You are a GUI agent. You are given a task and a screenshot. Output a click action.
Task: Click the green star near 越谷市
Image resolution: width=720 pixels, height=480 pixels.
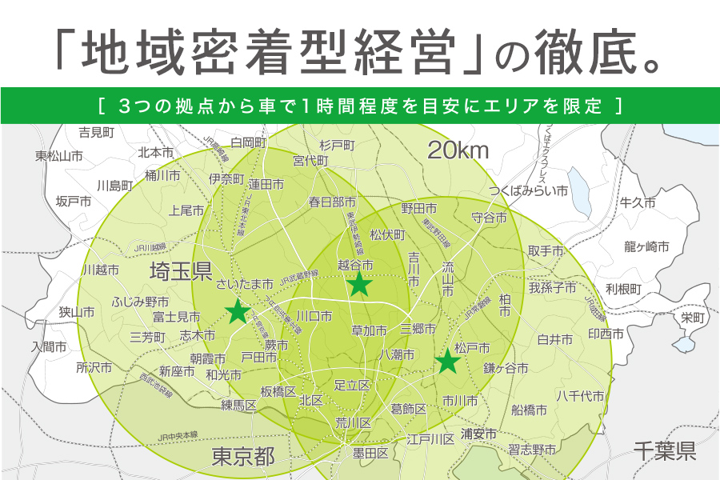click(x=359, y=282)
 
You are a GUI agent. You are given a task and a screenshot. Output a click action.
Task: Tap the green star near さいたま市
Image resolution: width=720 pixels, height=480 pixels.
click(x=238, y=311)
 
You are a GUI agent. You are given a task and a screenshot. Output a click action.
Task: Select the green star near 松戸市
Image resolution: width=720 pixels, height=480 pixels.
click(x=448, y=362)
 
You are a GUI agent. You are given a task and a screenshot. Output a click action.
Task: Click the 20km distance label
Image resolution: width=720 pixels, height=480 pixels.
click(x=458, y=150)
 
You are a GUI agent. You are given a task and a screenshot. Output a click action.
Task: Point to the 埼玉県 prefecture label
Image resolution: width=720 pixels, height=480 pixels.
click(x=181, y=273)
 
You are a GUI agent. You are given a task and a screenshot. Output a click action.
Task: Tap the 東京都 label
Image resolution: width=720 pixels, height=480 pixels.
click(x=243, y=457)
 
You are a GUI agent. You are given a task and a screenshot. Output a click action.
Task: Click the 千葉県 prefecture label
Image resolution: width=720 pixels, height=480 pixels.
click(x=664, y=451)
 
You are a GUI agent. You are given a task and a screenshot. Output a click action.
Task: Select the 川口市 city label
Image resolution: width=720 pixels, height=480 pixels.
click(x=314, y=316)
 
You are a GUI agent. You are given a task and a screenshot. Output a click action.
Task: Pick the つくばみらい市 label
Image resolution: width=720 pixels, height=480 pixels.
click(x=529, y=191)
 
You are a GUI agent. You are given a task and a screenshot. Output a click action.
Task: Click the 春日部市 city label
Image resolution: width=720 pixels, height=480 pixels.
click(x=332, y=202)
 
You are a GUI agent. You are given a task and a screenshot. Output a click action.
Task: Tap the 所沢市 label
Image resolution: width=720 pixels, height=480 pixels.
click(x=94, y=368)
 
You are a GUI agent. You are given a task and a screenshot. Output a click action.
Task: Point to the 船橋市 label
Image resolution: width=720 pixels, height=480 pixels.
click(x=529, y=410)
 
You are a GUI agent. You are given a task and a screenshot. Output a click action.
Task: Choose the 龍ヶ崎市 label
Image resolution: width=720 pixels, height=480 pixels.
click(x=646, y=246)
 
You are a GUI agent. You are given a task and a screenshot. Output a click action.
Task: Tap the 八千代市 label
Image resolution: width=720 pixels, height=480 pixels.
click(x=580, y=395)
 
